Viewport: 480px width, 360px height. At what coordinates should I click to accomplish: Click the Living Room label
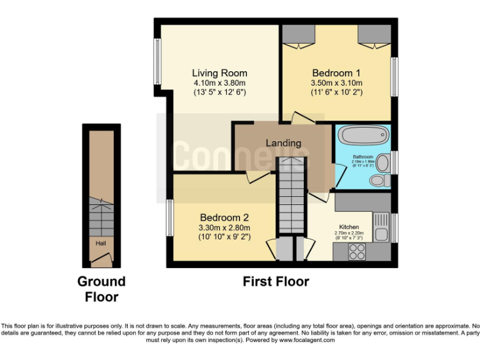219,73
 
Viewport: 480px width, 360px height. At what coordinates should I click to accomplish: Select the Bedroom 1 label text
336,72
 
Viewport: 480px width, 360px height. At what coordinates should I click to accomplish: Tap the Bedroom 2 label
224,217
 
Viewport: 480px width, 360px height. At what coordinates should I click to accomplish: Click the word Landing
283,142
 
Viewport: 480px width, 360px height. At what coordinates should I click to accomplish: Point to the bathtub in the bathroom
362,135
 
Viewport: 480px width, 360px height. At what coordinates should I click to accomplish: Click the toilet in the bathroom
377,180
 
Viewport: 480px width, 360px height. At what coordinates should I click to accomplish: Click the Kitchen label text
349,226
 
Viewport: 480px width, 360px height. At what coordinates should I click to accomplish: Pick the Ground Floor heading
101,289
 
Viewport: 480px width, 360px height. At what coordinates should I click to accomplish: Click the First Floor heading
276,282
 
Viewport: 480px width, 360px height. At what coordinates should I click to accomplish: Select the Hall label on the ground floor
101,242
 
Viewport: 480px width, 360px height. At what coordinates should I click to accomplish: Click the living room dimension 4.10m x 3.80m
219,82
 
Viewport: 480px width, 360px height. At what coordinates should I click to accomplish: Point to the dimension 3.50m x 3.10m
336,82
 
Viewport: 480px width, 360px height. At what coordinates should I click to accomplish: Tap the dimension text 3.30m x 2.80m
224,227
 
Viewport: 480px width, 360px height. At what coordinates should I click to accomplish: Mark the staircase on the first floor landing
290,194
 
